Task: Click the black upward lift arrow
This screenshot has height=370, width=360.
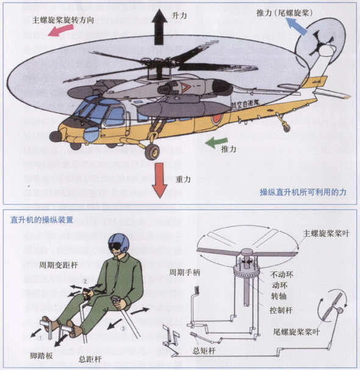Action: pyautogui.click(x=160, y=27)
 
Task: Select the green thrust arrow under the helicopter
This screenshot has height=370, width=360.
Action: pyautogui.click(x=215, y=143)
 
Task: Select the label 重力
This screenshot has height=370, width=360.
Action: pyautogui.click(x=184, y=179)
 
